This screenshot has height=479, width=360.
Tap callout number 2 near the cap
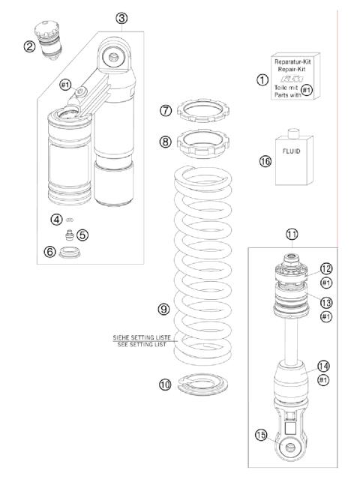pos(50,46)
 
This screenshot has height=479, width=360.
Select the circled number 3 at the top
pos(122,18)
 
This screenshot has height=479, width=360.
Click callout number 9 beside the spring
pos(163,308)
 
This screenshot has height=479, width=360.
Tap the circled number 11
pos(292,234)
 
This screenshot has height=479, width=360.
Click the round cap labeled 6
pos(69,253)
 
